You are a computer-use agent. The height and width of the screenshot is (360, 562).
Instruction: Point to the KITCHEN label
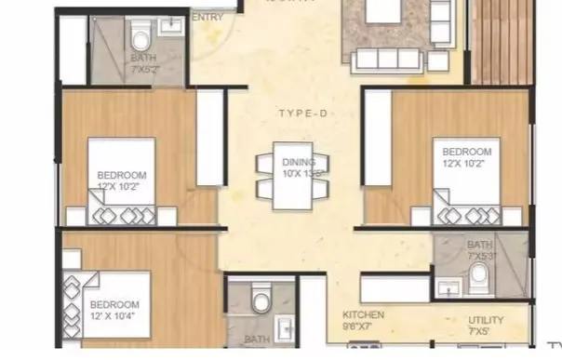point(364,315)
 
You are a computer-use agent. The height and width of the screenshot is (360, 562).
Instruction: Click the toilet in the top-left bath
point(140,41)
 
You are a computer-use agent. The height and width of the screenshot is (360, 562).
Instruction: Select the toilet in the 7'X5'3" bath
point(479,276)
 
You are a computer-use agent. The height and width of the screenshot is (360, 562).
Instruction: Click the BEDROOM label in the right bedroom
point(466,153)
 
